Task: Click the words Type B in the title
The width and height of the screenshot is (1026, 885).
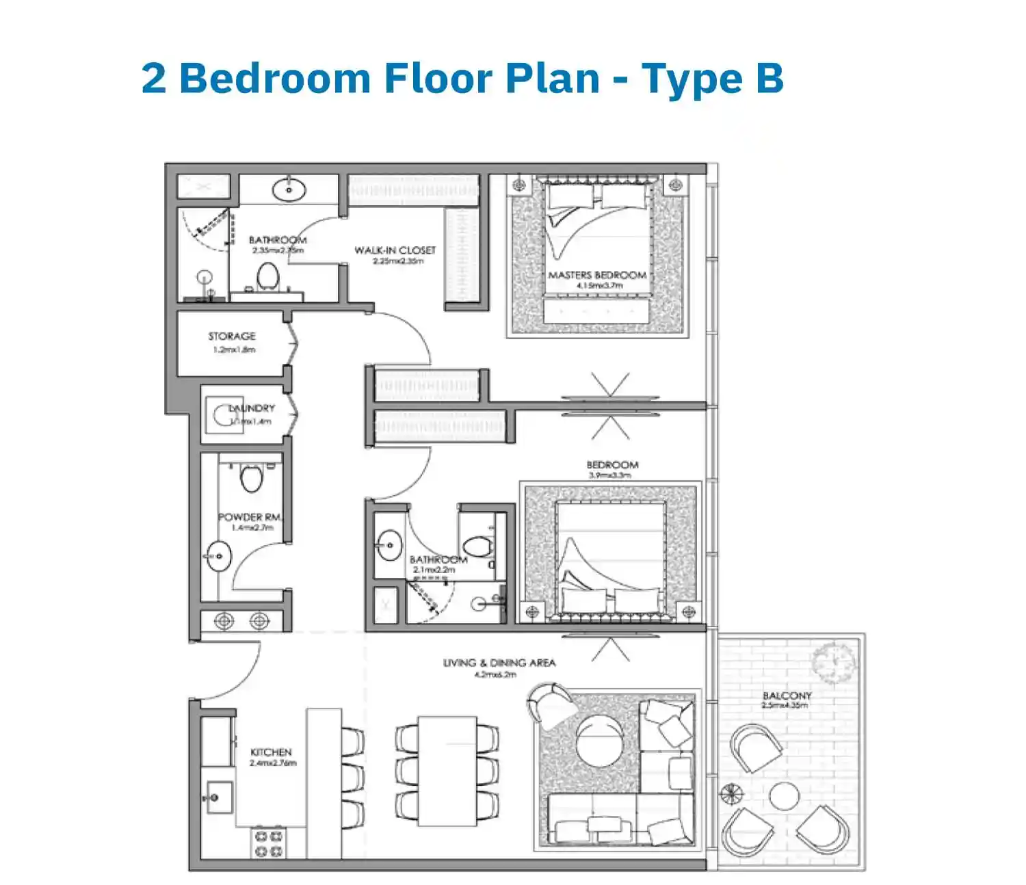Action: [712, 78]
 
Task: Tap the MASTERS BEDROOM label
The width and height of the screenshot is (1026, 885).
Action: [596, 275]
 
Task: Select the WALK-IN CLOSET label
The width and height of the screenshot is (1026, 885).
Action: [395, 250]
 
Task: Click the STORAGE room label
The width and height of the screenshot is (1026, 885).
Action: [232, 336]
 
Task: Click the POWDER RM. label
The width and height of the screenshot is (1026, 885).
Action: [250, 517]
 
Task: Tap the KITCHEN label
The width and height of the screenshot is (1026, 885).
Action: [271, 752]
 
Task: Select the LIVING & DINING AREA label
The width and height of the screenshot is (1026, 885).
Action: [499, 663]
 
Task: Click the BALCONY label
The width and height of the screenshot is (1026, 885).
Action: [787, 696]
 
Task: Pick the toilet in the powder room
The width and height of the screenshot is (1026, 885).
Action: [252, 478]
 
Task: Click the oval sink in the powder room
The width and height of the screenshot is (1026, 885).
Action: [219, 556]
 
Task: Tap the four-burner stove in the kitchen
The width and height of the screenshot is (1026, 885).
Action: [269, 844]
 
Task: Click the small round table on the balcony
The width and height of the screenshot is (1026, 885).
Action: [783, 797]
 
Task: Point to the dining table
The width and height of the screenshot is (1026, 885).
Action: [447, 770]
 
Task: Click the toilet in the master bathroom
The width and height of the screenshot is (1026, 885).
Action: [267, 276]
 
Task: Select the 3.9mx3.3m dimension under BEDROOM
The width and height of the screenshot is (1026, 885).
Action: [609, 475]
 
